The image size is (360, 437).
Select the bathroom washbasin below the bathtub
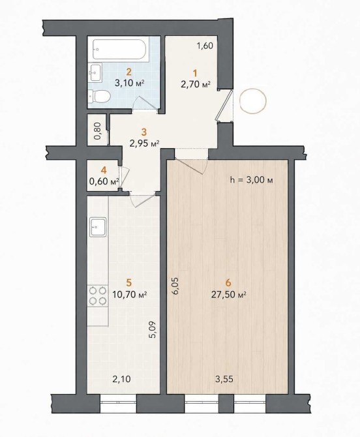click(x=95, y=72)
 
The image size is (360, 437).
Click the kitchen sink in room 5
click(x=98, y=227)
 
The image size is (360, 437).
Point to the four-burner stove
click(x=98, y=295)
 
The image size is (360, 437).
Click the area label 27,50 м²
click(x=228, y=295)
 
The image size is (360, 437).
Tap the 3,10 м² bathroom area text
click(x=129, y=83)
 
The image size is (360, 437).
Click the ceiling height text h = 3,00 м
click(x=251, y=180)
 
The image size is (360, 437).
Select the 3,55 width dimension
click(x=224, y=379)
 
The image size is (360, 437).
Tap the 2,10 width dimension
click(x=122, y=379)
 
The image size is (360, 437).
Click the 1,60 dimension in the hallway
click(x=205, y=46)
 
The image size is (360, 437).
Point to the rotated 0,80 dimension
click(x=98, y=131)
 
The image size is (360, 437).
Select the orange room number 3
click(x=144, y=131)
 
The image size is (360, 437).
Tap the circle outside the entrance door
click(x=253, y=100)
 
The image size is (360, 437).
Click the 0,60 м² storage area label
click(x=104, y=181)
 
